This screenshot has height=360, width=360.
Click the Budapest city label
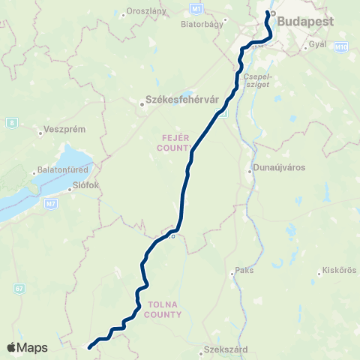point(305,22)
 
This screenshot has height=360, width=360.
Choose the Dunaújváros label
point(279,169)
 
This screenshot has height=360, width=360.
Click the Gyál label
point(319,45)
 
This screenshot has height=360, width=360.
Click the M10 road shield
point(341,47)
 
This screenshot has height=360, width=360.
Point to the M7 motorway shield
point(49,202)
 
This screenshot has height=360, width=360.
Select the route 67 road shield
point(18,288)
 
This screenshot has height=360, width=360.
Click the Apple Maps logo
point(27,347)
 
